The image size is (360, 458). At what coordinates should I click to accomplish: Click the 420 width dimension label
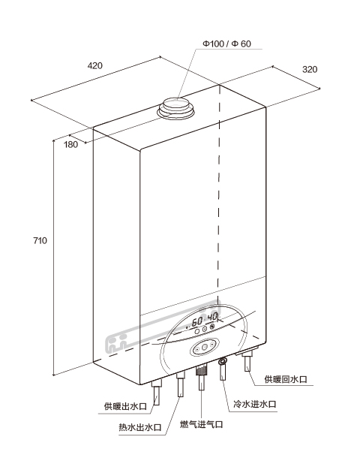click(95, 65)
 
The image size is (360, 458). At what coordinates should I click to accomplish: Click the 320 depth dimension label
click(310, 69)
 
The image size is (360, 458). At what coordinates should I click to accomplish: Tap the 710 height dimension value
click(40, 240)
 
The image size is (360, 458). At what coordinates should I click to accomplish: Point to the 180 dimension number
click(71, 144)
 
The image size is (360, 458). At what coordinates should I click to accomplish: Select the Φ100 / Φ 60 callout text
click(226, 44)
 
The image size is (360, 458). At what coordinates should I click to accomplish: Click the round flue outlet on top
click(176, 108)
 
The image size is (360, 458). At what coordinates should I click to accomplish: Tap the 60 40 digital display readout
click(203, 320)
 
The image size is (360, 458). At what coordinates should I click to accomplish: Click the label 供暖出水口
click(125, 406)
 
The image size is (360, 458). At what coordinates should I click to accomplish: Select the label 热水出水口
click(140, 427)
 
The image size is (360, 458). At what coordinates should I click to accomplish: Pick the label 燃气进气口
click(201, 423)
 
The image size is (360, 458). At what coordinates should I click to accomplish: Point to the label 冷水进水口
click(255, 404)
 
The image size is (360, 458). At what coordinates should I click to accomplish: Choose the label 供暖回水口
click(286, 379)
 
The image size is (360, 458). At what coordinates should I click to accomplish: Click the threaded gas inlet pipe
click(201, 378)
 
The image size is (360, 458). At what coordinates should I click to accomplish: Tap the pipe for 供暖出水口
click(157, 393)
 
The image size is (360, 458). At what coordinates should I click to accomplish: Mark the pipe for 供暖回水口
click(248, 361)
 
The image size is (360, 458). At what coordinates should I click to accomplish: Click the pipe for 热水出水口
click(181, 384)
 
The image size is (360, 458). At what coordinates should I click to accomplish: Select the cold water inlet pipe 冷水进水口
click(223, 369)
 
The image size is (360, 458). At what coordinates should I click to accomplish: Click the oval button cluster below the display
click(205, 348)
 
